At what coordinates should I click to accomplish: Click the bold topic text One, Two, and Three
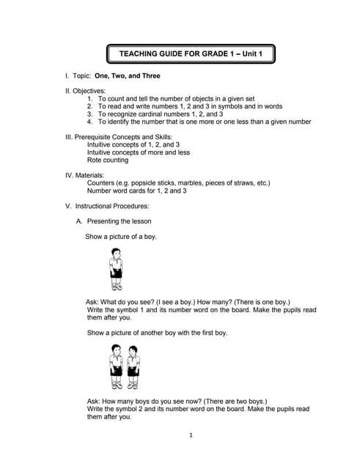pos(127,75)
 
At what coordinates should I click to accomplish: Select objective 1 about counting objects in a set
pos(177,98)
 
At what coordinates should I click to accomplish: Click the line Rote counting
pos(107,160)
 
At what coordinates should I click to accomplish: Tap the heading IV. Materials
pos(85,176)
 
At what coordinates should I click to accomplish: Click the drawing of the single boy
pos(115,269)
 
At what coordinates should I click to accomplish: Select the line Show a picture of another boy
pos(157,333)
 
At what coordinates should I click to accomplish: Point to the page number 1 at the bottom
pos(190,436)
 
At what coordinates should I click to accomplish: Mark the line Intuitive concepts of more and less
pos(139,152)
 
